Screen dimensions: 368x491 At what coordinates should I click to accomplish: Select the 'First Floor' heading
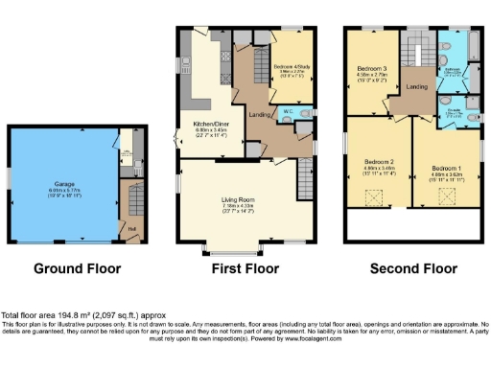[x=245, y=269]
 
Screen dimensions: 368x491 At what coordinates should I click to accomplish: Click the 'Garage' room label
[x=65, y=183]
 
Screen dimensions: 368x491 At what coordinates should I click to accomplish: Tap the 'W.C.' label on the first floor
[x=287, y=112]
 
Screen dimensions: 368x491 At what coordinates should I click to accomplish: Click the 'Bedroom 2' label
[x=378, y=163]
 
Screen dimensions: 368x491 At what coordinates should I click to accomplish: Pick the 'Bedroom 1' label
[x=446, y=170]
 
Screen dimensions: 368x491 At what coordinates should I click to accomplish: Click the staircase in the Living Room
[x=306, y=178]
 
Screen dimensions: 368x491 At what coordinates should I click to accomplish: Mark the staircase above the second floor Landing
[x=416, y=48]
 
